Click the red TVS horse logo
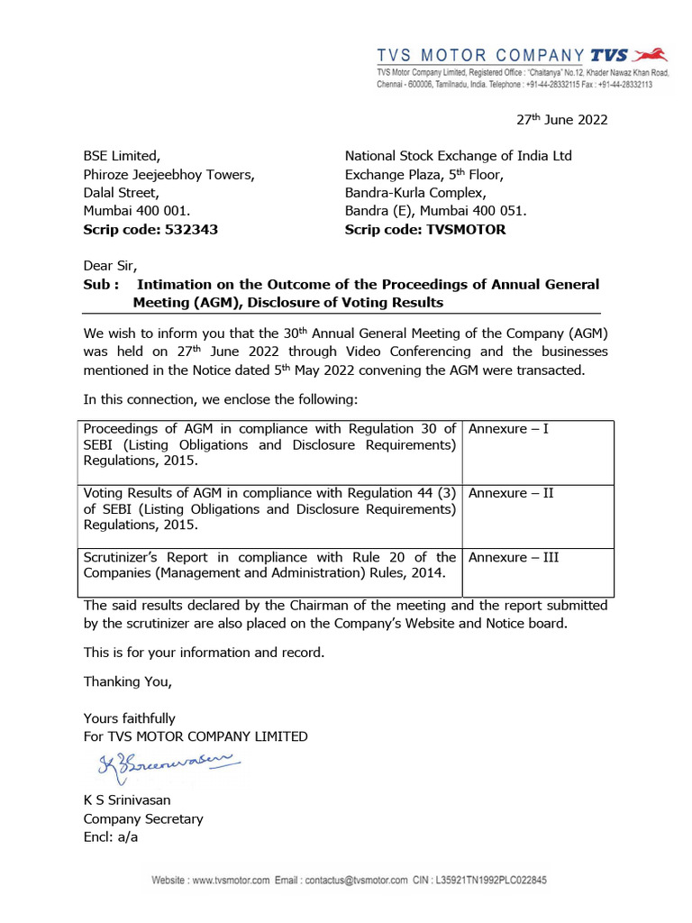[652, 54]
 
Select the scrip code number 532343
[191, 230]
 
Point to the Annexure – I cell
[508, 429]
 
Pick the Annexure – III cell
[514, 557]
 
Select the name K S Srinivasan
[127, 800]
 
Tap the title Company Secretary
[143, 818]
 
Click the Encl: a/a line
[111, 836]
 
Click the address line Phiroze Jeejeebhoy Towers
[168, 174]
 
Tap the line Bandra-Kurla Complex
[415, 192]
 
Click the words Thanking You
[127, 681]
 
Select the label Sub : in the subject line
[100, 285]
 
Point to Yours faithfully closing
[129, 718]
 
